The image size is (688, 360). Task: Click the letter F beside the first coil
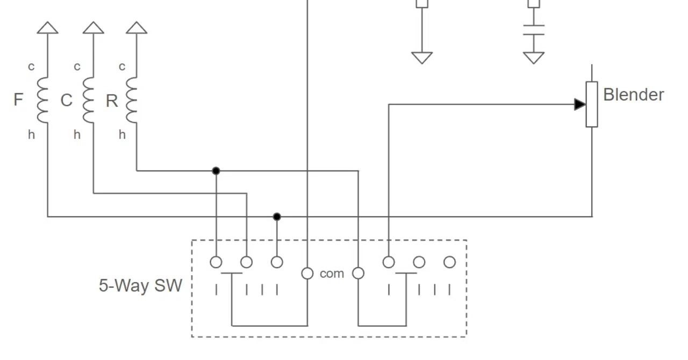[x=18, y=100]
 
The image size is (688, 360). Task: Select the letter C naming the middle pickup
[x=66, y=100]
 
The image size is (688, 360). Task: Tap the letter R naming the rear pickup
[x=112, y=101]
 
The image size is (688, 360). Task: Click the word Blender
[x=634, y=95]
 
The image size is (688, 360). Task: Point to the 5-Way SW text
[x=140, y=285]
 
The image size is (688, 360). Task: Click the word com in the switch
[x=332, y=273]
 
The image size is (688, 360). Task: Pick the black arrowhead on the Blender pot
[x=580, y=104]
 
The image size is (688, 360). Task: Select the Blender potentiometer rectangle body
[x=592, y=104]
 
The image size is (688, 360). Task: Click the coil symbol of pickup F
[x=42, y=100]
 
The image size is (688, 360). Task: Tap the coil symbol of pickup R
[x=132, y=100]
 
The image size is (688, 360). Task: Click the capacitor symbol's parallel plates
[x=534, y=30]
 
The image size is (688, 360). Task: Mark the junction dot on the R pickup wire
[x=216, y=171]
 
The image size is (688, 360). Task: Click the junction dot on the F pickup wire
[x=277, y=217]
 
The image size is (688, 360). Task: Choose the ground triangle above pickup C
[x=94, y=27]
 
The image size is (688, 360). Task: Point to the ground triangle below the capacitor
[x=534, y=57]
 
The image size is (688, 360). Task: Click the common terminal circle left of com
[x=307, y=273]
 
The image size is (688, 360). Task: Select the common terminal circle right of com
[x=358, y=273]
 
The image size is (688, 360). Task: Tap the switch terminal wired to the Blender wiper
[x=389, y=262]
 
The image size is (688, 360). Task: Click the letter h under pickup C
[x=77, y=134]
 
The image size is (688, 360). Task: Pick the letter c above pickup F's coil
[x=31, y=67]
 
